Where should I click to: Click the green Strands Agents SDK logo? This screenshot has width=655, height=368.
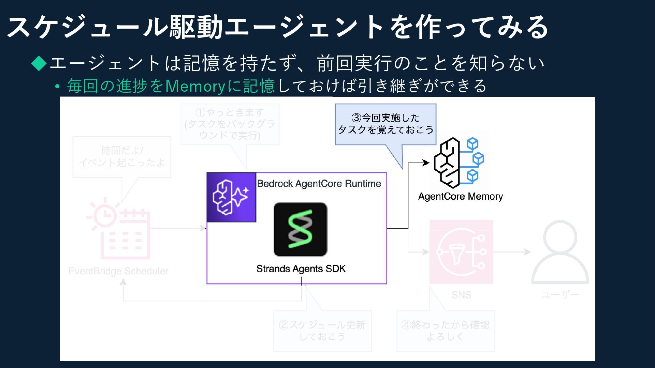[x=300, y=229]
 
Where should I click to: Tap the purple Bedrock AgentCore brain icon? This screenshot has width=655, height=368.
[x=231, y=197]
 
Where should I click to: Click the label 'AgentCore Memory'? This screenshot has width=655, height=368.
[x=460, y=197]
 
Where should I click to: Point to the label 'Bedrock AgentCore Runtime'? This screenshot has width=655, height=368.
[x=319, y=184]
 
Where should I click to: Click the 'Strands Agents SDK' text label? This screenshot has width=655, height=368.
[x=301, y=269]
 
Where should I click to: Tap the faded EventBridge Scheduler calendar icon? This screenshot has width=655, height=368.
[x=119, y=230]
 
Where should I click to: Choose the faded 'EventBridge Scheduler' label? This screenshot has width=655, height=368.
[x=118, y=271]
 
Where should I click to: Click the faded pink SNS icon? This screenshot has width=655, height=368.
[x=461, y=252]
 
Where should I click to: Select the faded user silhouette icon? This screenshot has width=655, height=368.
[x=560, y=252]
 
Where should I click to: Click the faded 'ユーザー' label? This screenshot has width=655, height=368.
[x=560, y=294]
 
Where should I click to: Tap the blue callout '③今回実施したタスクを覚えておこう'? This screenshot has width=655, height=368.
[x=385, y=124]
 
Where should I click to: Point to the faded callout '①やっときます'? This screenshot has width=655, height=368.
[x=230, y=124]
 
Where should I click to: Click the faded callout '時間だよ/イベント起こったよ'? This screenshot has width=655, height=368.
[x=122, y=157]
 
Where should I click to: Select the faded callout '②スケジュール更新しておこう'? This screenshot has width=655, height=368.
[x=322, y=331]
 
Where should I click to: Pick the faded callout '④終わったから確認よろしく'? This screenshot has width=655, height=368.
[x=445, y=331]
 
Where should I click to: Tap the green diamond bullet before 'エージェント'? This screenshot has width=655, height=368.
[x=39, y=63]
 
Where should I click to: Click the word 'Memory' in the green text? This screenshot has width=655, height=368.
[x=195, y=86]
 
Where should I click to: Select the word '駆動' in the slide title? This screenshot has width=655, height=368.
[x=196, y=27]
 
